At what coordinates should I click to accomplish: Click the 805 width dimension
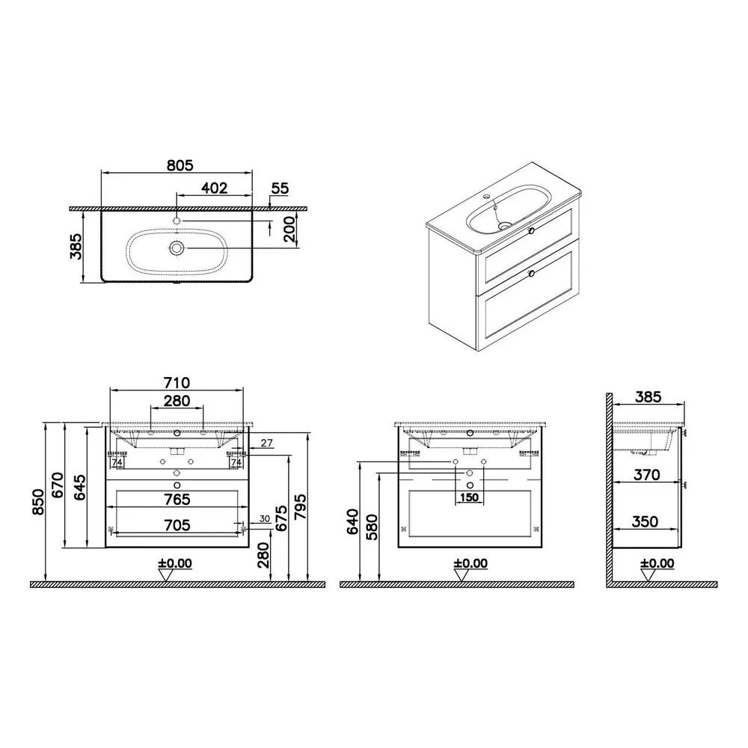[180, 165]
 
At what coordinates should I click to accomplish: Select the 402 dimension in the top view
[214, 188]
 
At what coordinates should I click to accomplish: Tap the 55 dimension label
[280, 188]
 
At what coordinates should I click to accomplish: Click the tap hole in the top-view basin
[177, 221]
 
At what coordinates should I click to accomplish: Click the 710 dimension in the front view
[177, 382]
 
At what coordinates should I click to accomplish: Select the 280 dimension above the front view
[177, 401]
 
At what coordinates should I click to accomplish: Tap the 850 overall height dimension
[38, 503]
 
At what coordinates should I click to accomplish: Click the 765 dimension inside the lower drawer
[177, 500]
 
